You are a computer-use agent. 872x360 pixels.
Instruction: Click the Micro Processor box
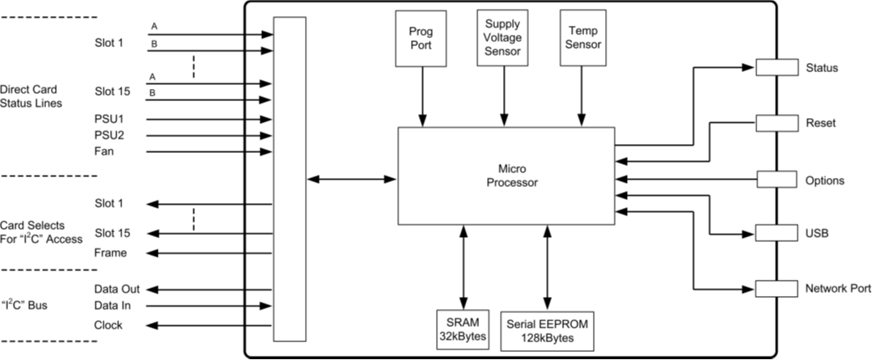click(506, 176)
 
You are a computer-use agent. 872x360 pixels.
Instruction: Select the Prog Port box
click(421, 38)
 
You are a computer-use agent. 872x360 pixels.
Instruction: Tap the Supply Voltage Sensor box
click(503, 38)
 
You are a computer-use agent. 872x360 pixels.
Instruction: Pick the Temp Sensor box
click(582, 38)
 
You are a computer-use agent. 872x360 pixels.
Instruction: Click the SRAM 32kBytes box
click(463, 329)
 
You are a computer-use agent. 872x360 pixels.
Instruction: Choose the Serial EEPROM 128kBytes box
click(547, 331)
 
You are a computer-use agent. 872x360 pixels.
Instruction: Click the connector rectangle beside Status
click(777, 67)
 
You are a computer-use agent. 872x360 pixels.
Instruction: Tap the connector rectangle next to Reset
click(777, 123)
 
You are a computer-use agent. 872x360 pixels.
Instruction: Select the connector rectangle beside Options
click(777, 179)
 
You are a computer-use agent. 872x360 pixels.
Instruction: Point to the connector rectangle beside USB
click(777, 232)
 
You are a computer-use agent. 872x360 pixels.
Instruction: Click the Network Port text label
click(837, 288)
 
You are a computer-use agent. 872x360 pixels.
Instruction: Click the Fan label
click(104, 151)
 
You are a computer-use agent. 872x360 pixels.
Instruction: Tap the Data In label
click(113, 306)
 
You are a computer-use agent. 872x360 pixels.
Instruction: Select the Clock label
click(108, 325)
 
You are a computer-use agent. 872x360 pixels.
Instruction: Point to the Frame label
click(111, 253)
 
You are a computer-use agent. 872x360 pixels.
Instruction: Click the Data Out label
click(117, 290)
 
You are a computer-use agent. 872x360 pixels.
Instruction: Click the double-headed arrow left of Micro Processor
click(351, 179)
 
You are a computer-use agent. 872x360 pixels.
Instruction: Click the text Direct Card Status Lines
click(31, 96)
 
